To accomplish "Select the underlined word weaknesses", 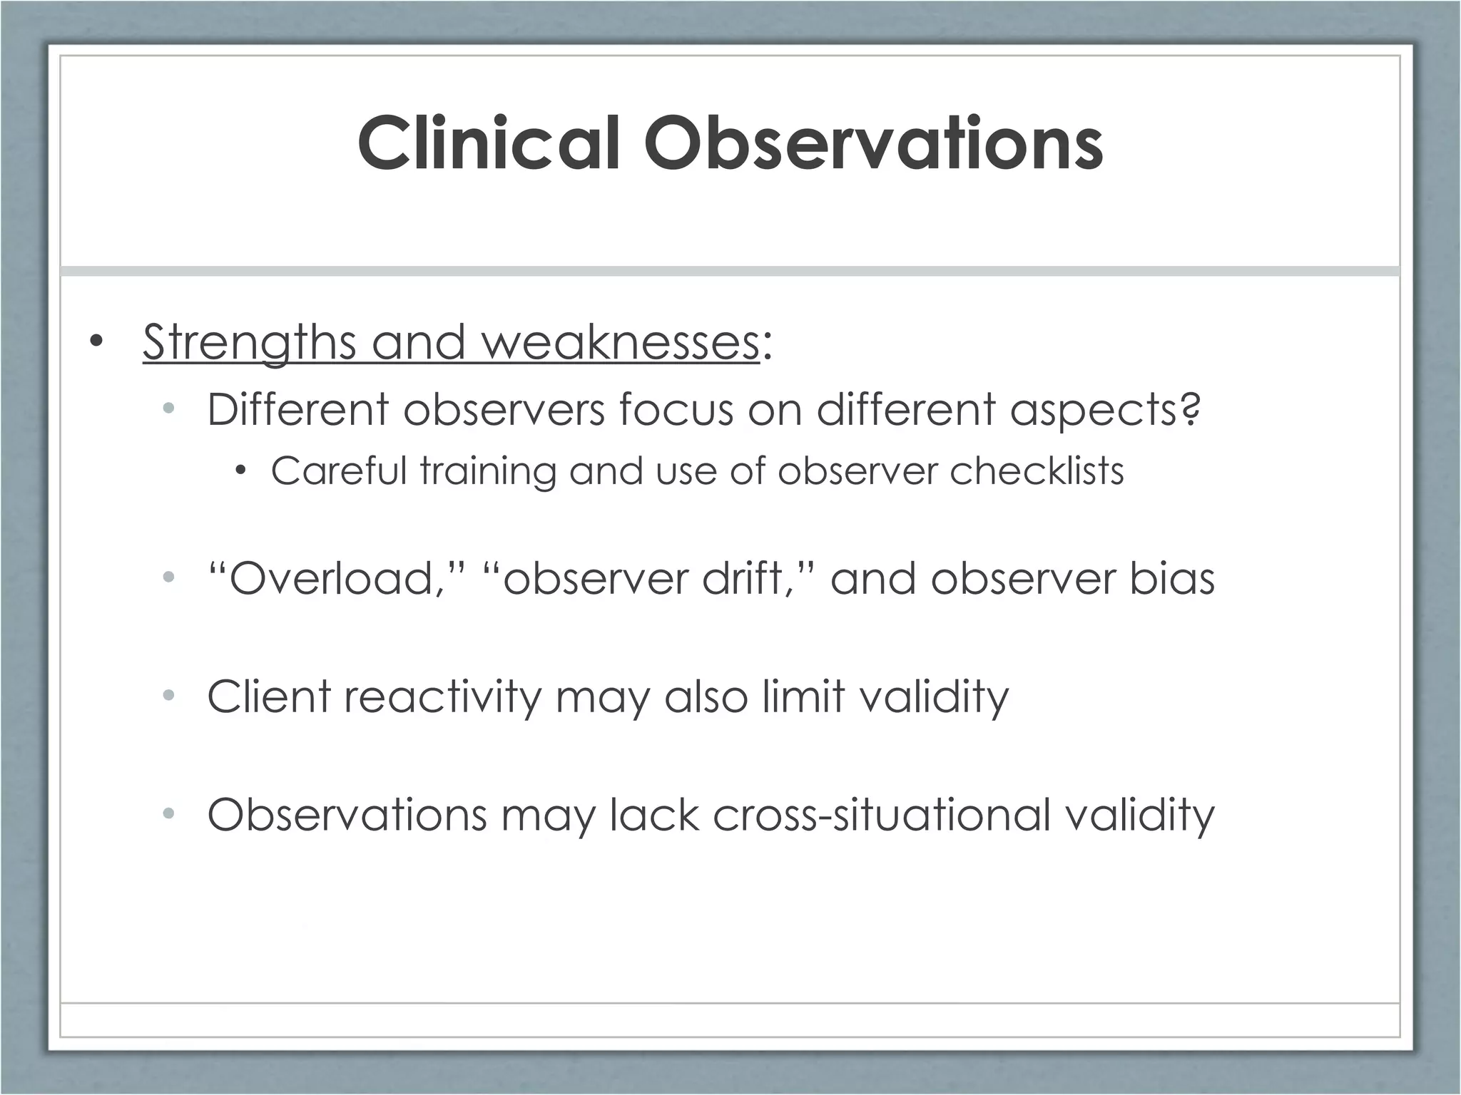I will [x=621, y=342].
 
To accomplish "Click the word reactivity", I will [x=442, y=696].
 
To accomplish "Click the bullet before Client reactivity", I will [x=168, y=694].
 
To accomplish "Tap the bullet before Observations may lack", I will [x=168, y=813].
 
